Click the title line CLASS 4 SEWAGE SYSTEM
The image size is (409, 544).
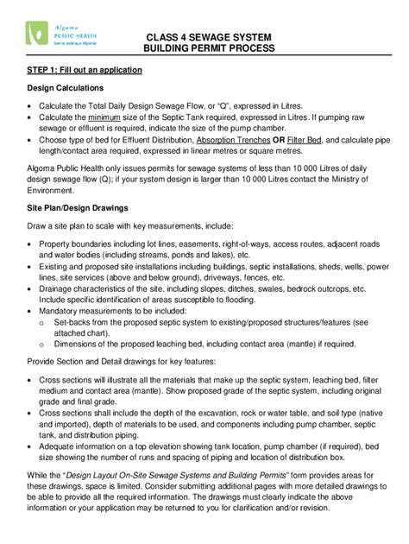[x=209, y=38]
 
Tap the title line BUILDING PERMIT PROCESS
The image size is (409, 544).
[x=209, y=49]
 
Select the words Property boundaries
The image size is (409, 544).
[x=79, y=245]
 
